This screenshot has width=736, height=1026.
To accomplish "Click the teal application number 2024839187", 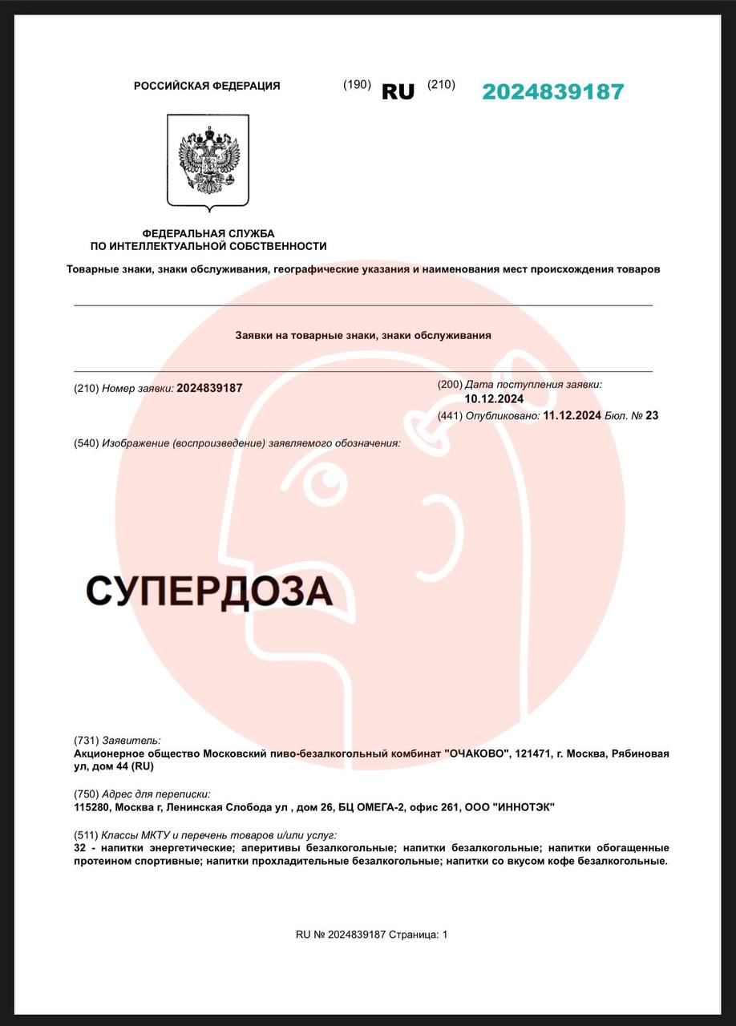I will (552, 92).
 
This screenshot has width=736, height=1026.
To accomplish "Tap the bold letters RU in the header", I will (398, 92).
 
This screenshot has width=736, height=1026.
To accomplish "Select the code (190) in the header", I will (357, 85).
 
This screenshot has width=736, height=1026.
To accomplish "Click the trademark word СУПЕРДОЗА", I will (208, 592).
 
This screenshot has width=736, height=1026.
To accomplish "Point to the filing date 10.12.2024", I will (494, 398).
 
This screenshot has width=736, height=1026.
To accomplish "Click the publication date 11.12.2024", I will (572, 415).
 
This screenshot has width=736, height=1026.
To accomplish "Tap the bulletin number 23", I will (652, 415).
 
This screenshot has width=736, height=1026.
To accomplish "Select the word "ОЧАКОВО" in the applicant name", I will (477, 754).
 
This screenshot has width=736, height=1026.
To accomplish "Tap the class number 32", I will (79, 848).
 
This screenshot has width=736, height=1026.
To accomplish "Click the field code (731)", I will (86, 741).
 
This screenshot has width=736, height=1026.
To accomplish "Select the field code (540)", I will (86, 443).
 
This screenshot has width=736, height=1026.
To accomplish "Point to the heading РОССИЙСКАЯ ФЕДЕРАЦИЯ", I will (207, 86).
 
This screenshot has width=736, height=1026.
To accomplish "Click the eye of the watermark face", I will (326, 482).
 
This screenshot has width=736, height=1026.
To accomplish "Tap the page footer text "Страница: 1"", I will (419, 935).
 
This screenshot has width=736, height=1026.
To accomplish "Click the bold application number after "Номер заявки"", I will (209, 388).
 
